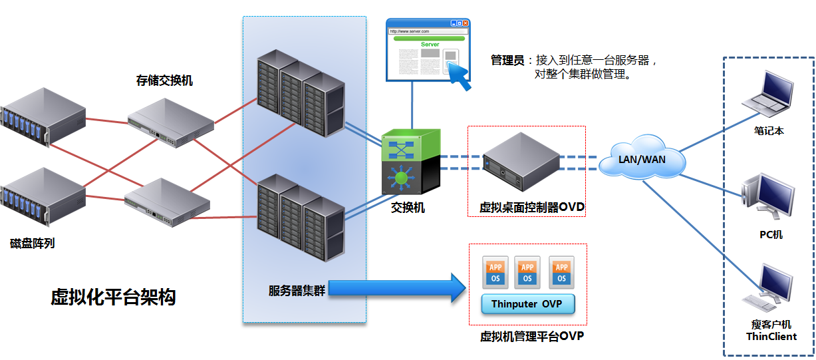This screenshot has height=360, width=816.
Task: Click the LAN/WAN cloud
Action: [642, 158]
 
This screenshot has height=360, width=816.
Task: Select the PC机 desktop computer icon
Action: [768, 196]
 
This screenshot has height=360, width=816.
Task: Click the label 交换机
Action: [408, 208]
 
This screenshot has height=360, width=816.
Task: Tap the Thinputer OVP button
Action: [527, 304]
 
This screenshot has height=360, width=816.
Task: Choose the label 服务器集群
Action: [296, 290]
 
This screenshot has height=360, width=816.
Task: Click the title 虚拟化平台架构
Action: [113, 297]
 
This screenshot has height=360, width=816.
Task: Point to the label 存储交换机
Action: [164, 81]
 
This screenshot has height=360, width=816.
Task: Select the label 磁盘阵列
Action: [33, 244]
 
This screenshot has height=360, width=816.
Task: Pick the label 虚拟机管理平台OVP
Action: [532, 336]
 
